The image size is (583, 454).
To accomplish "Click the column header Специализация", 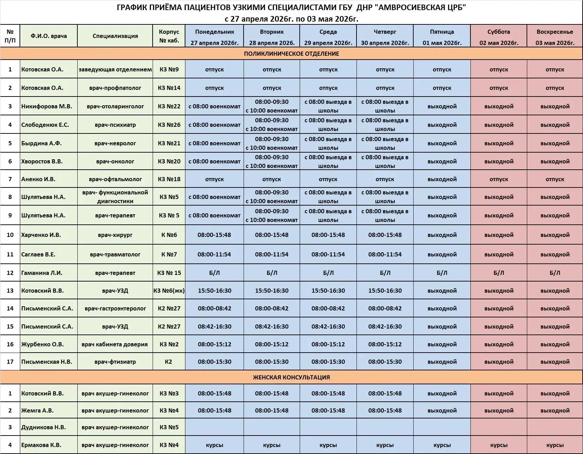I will coord(115,36).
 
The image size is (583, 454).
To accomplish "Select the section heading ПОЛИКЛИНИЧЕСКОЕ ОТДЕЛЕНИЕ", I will coord(291,54).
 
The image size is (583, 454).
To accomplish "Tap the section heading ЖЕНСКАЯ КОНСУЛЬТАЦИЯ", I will coord(291,377).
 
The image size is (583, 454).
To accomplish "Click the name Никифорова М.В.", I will coord(47,106).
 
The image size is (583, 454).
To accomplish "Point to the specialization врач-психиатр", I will coord(115,125).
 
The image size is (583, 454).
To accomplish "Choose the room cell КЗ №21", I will coord(169,143).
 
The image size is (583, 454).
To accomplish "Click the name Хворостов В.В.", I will coord(42,161).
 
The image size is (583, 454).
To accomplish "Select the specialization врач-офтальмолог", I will coord(115,179).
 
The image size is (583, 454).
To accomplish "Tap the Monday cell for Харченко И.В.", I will coord(214,235).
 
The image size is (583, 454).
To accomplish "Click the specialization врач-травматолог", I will coord(115,254).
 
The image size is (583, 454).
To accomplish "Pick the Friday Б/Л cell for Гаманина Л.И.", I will coord(442,273).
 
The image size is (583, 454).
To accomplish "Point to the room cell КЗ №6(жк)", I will coord(169,291).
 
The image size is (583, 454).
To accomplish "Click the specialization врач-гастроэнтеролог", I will coord(115,308).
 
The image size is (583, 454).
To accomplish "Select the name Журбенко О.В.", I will coord(43,344).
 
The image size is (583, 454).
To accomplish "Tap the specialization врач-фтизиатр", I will coord(115,362).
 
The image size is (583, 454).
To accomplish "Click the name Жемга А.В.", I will coord(37,410).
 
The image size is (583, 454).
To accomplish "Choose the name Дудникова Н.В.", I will coord(43,427).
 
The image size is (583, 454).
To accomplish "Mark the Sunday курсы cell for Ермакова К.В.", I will coord(555,445).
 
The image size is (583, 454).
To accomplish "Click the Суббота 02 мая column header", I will coord(499,36).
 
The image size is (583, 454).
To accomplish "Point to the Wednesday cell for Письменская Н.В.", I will coord(328,362).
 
